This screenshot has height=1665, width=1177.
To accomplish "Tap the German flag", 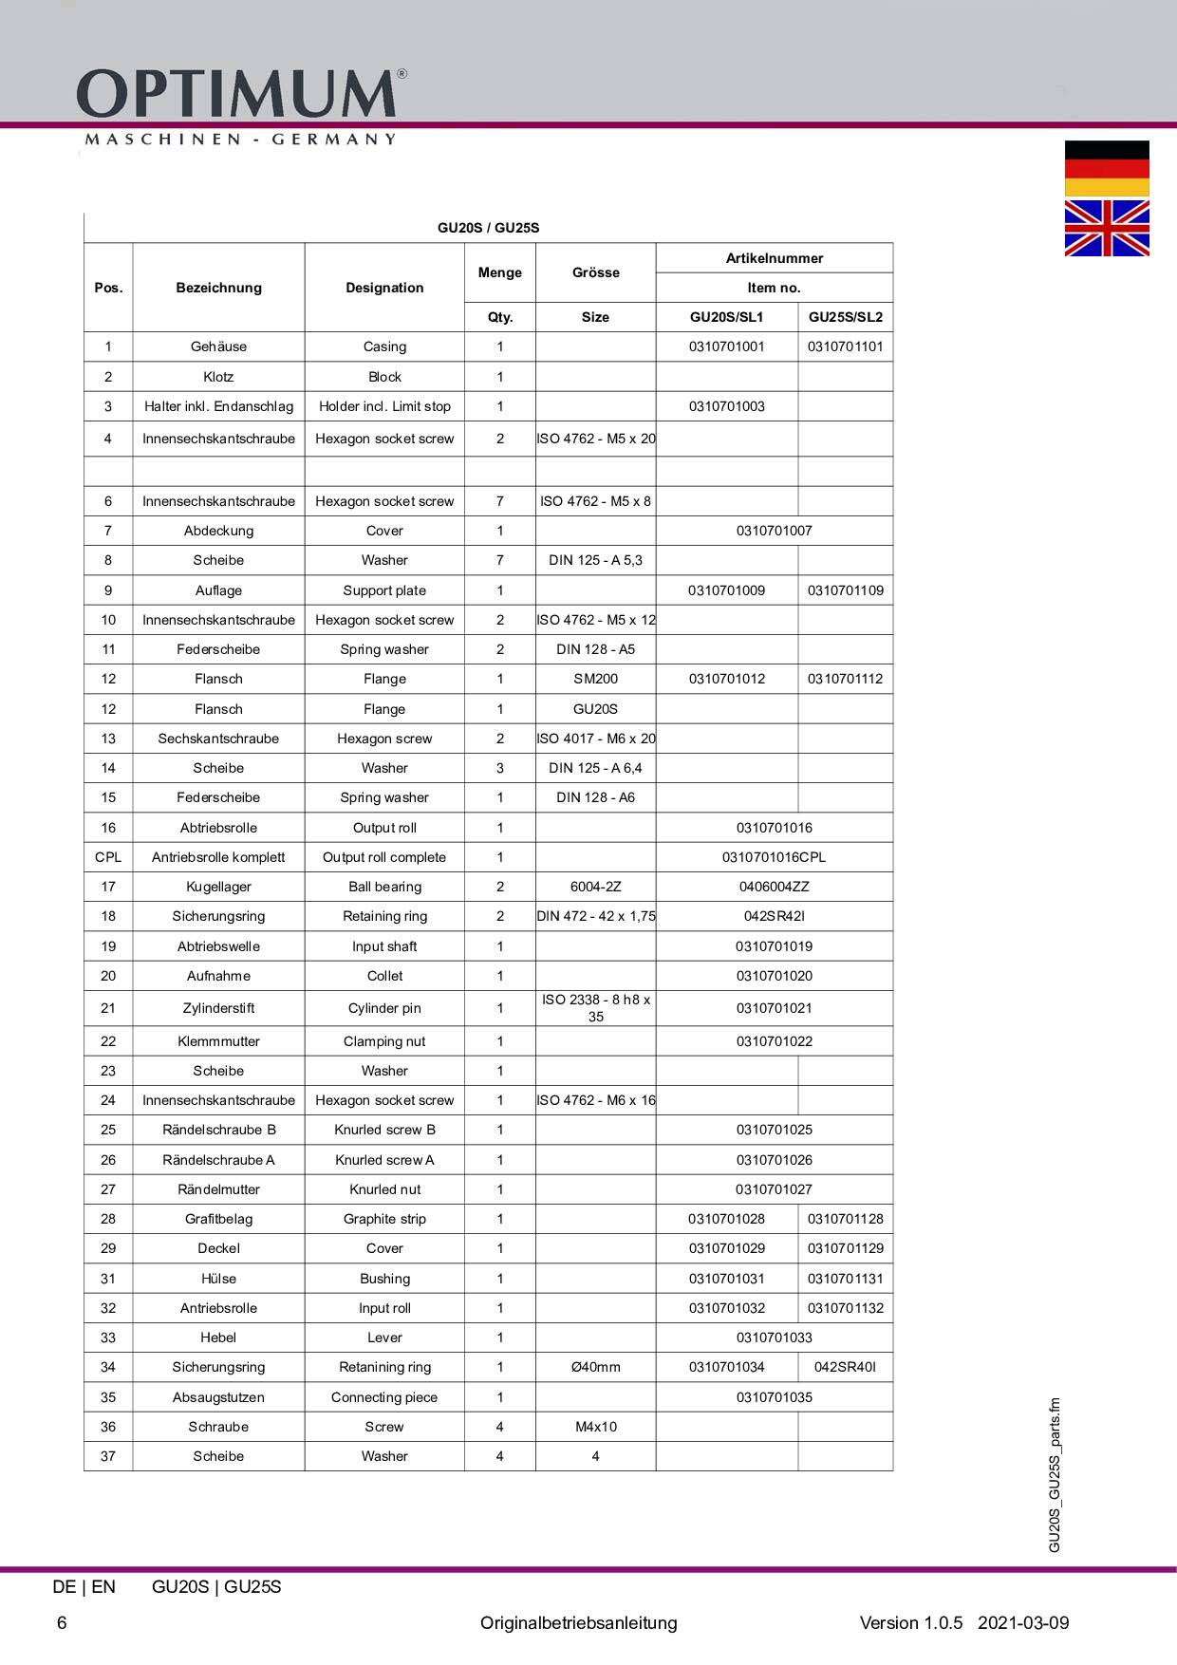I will (1107, 168).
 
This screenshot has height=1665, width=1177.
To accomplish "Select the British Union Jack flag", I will (1107, 228).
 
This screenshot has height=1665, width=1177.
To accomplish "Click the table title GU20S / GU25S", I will (488, 228).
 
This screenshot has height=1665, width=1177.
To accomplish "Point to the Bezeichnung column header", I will (218, 288).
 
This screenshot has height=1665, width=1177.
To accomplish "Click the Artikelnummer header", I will (774, 258).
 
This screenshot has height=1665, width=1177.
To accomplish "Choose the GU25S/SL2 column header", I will (845, 317).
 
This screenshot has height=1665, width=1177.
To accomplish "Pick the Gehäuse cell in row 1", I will (218, 346).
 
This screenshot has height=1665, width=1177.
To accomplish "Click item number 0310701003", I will (726, 406).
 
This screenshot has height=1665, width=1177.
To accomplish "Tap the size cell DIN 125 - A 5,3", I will (595, 560).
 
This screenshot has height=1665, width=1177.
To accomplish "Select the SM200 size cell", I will (595, 679).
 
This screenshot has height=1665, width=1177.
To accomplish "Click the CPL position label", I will (108, 857).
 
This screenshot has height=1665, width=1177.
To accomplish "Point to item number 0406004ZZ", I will (774, 887).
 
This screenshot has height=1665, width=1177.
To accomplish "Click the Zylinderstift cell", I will (218, 1008).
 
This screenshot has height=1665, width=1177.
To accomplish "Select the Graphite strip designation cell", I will (384, 1219).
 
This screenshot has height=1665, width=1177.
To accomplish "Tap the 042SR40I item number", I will (845, 1367).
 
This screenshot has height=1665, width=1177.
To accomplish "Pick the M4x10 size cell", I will (595, 1427).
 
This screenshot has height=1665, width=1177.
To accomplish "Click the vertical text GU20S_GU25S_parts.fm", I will (1055, 1475).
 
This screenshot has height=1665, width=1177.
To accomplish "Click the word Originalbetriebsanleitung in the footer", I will (578, 1623).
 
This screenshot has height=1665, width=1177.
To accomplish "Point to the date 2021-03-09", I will (1022, 1623).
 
